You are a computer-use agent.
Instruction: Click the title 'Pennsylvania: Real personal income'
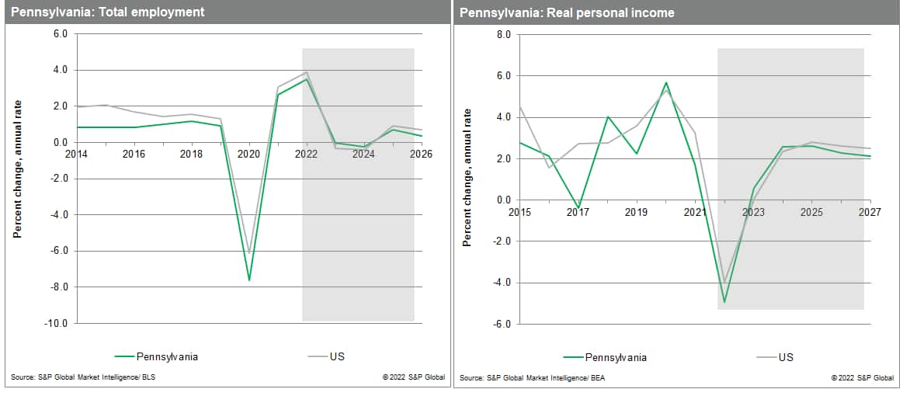point(566,12)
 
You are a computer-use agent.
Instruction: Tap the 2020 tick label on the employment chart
point(248,154)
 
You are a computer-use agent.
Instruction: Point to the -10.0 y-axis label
point(55,323)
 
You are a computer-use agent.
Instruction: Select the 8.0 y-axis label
point(502,35)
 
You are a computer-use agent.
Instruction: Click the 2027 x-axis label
point(870,212)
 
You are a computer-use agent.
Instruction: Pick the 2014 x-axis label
point(76,154)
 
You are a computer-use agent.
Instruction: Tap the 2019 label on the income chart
point(636,212)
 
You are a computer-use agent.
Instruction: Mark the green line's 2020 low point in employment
point(249,280)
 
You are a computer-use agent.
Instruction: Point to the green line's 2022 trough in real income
point(724,302)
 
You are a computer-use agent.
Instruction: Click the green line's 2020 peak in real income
point(665,82)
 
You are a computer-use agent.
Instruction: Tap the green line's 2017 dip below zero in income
point(578,208)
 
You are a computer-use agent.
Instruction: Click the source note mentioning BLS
point(78,378)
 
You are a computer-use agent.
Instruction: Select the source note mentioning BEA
point(525,378)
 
